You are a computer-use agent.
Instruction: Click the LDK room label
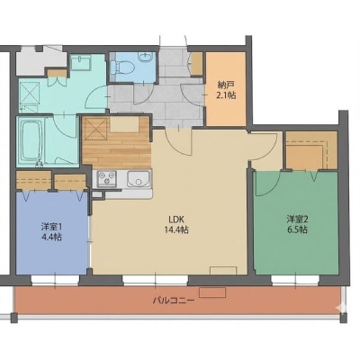tap(176, 219)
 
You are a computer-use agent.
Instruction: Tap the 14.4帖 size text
tap(176, 230)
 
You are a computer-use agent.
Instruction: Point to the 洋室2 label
tap(297, 219)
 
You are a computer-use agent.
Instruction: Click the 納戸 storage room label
tap(226, 85)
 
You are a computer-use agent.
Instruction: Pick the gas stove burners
tap(106, 178)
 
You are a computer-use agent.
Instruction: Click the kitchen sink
tap(139, 179)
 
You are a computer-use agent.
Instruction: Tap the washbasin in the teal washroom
tap(80, 62)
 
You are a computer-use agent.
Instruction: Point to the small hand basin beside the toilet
tap(146, 57)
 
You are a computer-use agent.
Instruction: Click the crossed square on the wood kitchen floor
tap(95, 130)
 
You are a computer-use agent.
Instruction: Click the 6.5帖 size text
tap(297, 230)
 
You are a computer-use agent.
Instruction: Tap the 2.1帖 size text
tap(226, 95)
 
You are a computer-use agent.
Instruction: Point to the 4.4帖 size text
tap(51, 238)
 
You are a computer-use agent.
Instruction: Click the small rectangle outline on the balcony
tap(212, 292)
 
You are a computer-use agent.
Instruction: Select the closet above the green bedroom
tap(311, 150)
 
